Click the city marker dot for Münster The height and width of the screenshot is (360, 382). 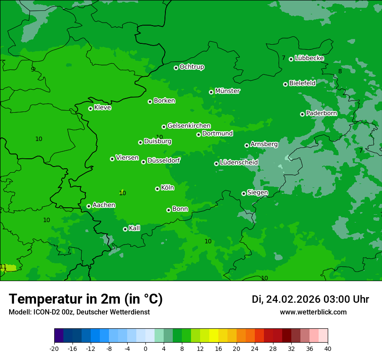[x=211, y=92]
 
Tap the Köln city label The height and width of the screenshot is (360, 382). [x=168, y=188]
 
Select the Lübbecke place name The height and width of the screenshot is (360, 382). [x=309, y=58]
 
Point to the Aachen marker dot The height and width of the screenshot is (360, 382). [x=89, y=206]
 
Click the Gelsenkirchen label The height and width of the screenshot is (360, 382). [x=189, y=126]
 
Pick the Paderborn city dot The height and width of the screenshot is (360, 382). [x=302, y=114]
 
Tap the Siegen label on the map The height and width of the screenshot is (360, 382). [x=257, y=193]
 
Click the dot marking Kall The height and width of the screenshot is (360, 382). [x=125, y=229]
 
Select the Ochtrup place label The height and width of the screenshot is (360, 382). [x=191, y=67]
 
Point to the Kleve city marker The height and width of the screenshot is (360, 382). [x=90, y=108]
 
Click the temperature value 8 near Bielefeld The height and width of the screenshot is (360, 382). [x=340, y=71]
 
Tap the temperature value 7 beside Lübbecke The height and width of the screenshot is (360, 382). [x=283, y=58]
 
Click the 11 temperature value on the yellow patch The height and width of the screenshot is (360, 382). [x=3, y=266]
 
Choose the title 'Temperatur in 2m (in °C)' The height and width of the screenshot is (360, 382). [x=86, y=299]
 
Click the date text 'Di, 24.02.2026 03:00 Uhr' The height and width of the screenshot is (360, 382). [x=310, y=299]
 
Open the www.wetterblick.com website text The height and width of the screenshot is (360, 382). [x=313, y=312]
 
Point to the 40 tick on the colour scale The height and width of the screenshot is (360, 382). [x=328, y=348]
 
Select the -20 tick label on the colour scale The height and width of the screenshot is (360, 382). [x=54, y=348]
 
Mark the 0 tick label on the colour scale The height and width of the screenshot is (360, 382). [x=145, y=348]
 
